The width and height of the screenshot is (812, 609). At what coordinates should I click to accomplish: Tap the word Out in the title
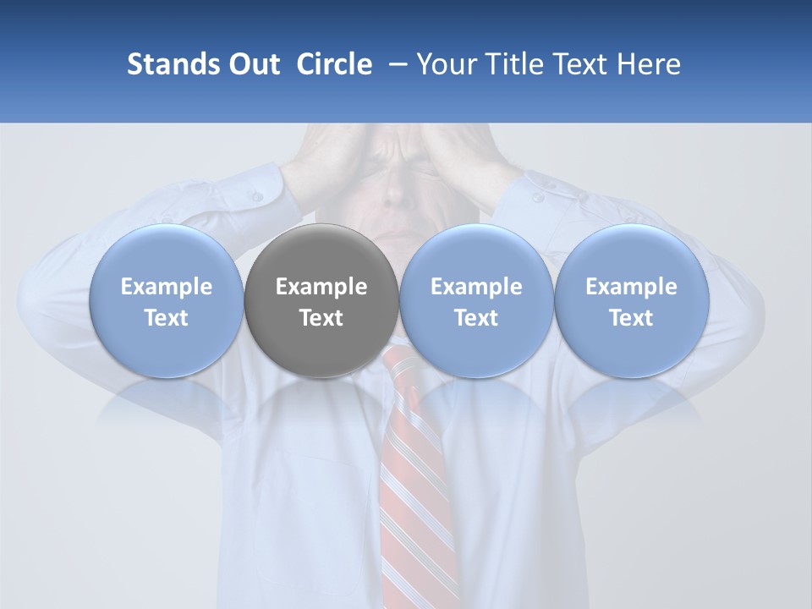pos(252,64)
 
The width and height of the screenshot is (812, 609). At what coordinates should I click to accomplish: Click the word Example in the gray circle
pos(321,287)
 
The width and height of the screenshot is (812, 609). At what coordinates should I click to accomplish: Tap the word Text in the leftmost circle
pos(166,318)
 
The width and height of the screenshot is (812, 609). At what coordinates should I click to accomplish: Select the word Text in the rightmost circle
pos(632,318)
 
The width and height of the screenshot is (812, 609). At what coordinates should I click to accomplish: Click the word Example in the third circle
pos(476,287)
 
